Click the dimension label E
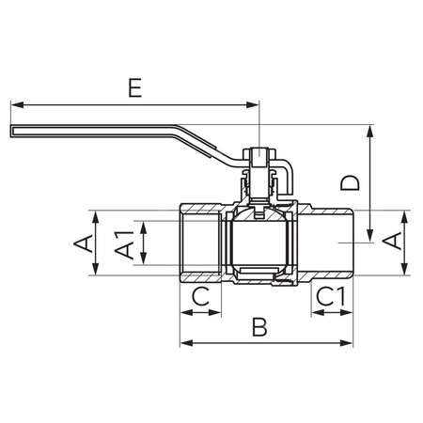136,91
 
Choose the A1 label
122,243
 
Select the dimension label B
261,328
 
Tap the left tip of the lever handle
11,133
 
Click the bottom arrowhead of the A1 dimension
144,260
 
